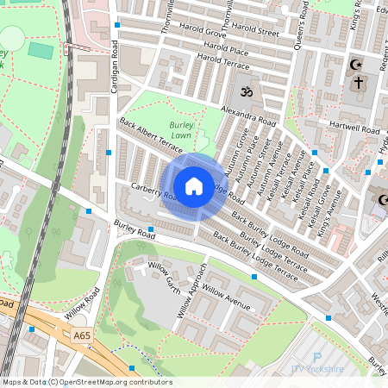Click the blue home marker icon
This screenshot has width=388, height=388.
coord(194,185)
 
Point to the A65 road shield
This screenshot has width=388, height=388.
coord(82,335)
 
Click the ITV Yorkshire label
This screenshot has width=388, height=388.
coord(317,369)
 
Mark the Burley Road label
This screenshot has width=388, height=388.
coord(135,230)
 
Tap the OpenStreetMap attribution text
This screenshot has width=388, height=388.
coord(86,382)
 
